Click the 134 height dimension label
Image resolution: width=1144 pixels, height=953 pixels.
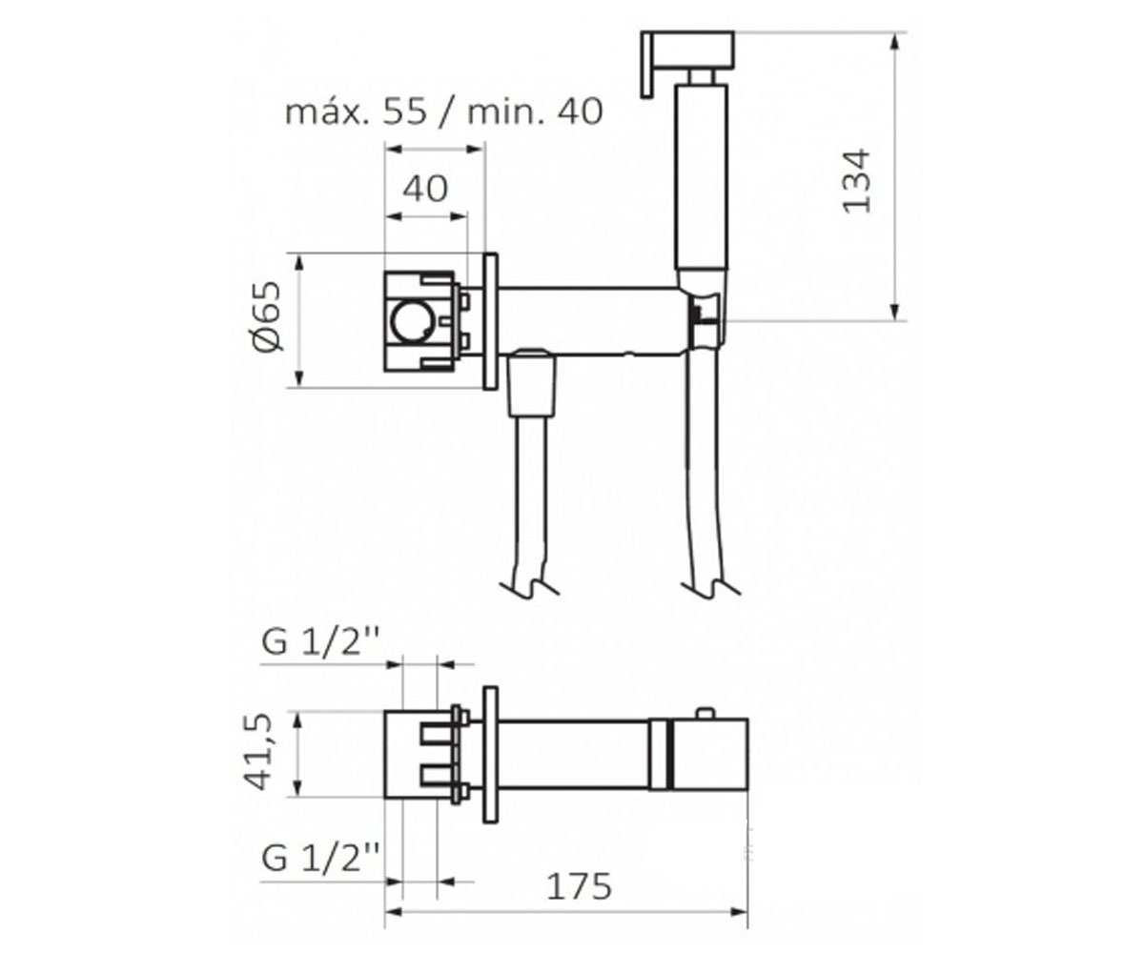pyautogui.click(x=855, y=181)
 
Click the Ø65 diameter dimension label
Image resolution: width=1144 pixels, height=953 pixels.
pyautogui.click(x=267, y=316)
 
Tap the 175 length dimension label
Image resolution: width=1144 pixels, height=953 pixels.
pyautogui.click(x=579, y=886)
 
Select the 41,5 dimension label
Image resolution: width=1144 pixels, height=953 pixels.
pyautogui.click(x=257, y=752)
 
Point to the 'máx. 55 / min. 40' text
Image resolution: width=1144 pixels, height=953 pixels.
pyautogui.click(x=444, y=112)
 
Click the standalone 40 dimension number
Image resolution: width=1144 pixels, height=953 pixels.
pyautogui.click(x=425, y=189)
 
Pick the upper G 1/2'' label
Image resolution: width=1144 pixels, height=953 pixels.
pyautogui.click(x=320, y=642)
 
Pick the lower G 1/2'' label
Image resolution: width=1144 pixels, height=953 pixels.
pyautogui.click(x=320, y=858)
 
